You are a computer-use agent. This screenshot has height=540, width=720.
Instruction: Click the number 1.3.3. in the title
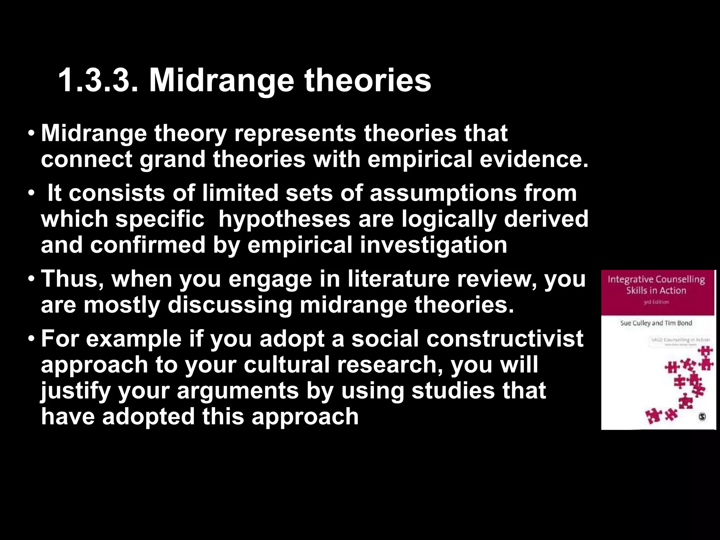click(98, 81)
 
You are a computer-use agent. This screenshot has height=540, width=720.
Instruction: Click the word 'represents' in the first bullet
click(295, 134)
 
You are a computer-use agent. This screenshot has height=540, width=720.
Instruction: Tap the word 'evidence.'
click(534, 159)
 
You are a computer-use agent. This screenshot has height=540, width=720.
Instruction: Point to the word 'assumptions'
click(443, 193)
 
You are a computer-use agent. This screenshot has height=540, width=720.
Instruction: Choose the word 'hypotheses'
click(284, 219)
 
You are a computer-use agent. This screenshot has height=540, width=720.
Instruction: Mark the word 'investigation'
click(433, 245)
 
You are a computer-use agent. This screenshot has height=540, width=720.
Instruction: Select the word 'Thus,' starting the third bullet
click(72, 279)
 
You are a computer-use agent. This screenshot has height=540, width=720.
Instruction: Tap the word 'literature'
click(399, 279)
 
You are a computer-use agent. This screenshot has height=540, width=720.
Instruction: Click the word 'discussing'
click(230, 305)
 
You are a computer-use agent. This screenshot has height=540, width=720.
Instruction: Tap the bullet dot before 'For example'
click(32, 339)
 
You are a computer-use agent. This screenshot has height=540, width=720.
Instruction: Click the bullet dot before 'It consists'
click(32, 194)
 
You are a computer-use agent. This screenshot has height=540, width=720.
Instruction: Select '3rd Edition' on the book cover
click(656, 302)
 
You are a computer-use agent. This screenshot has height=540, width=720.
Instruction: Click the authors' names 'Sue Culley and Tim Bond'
click(656, 323)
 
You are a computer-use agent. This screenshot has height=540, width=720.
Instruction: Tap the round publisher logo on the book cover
click(702, 417)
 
